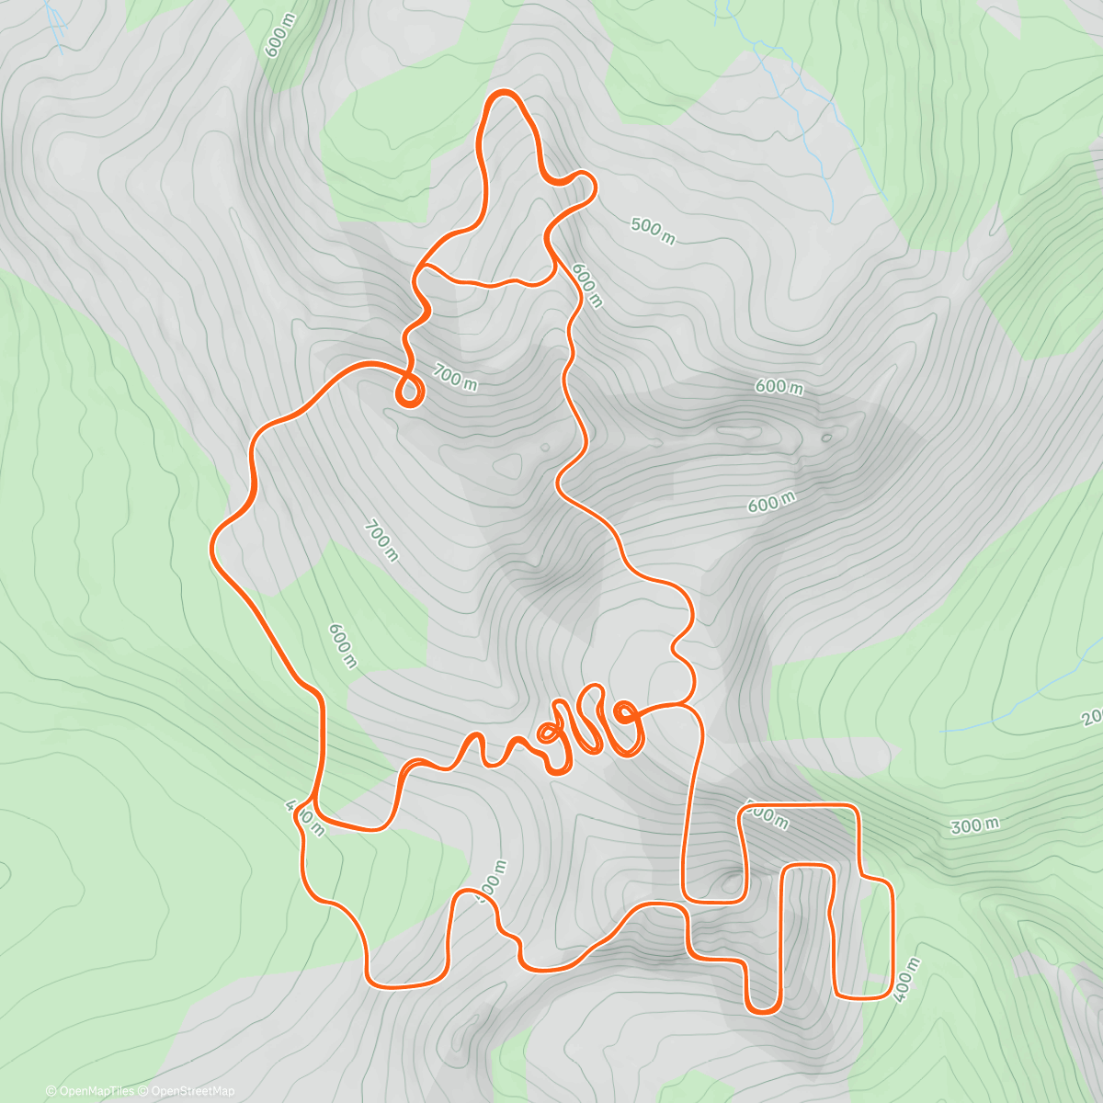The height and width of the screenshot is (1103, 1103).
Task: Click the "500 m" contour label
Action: tap(654, 231)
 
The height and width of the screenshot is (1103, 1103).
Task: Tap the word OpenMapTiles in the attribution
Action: tap(96, 1091)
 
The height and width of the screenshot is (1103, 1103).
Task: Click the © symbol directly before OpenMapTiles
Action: tap(51, 1091)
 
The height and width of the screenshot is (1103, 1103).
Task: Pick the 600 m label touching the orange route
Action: tap(586, 285)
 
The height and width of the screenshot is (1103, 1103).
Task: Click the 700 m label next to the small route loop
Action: tap(455, 377)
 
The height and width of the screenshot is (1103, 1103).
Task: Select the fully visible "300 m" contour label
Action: tap(974, 825)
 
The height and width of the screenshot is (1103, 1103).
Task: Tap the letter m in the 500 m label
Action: tap(667, 237)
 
